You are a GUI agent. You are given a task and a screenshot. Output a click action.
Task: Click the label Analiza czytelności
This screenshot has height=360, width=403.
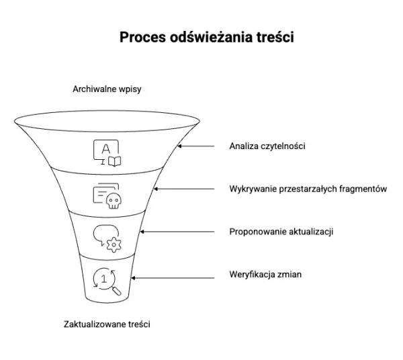pyautogui.click(x=267, y=146)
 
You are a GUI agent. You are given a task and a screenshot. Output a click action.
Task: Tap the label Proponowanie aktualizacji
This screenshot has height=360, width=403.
pyautogui.click(x=281, y=232)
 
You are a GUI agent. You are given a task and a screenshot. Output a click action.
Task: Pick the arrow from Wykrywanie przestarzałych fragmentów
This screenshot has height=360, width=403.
pyautogui.click(x=181, y=189)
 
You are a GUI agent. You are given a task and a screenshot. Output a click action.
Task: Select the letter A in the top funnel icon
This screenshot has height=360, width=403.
pyautogui.click(x=104, y=148)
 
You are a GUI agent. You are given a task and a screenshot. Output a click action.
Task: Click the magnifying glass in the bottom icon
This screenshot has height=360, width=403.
pyautogui.click(x=116, y=290)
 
